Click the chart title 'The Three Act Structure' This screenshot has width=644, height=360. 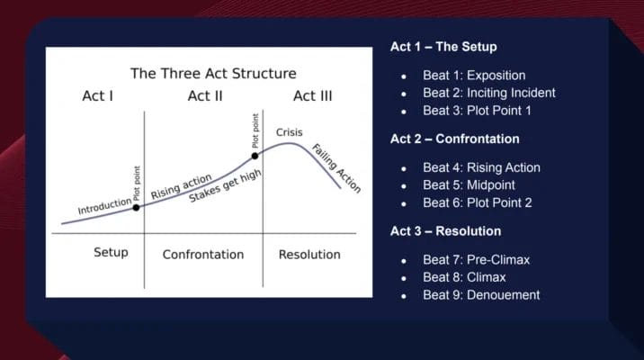[x=213, y=73]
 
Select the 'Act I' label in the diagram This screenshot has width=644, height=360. [x=96, y=96]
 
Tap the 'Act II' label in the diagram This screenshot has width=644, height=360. [x=205, y=96]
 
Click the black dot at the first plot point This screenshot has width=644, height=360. [x=137, y=207]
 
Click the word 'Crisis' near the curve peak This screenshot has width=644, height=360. [x=290, y=132]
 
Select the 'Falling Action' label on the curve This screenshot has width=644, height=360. [x=335, y=167]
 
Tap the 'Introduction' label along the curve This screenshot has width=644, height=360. [x=104, y=207]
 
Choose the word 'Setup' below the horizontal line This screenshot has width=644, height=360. [x=111, y=253]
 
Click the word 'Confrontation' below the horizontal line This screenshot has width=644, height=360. [x=202, y=255]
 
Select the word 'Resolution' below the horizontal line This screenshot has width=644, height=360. [x=309, y=255]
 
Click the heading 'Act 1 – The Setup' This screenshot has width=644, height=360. [x=443, y=47]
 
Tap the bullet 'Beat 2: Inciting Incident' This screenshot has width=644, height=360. [x=488, y=93]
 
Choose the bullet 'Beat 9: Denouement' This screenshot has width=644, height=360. [x=480, y=294]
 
